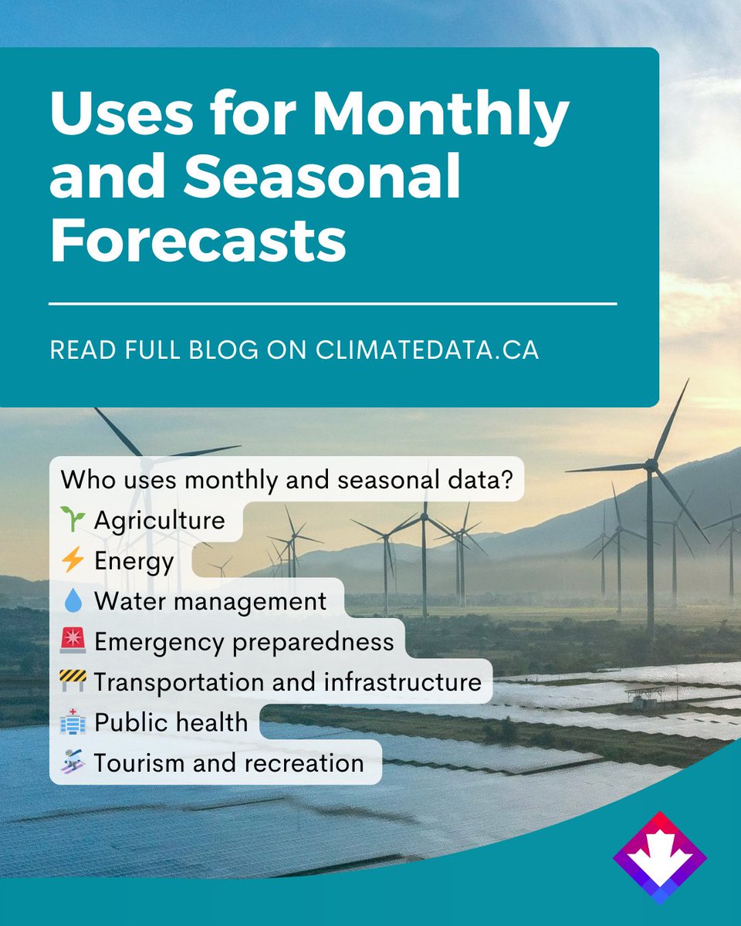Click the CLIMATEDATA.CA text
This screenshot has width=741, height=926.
tap(427, 349)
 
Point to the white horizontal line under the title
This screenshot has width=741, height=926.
tap(332, 304)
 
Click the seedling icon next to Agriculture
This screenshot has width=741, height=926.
tap(75, 520)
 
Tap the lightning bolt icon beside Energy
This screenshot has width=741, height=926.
tap(75, 560)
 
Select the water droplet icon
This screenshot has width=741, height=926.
tap(75, 601)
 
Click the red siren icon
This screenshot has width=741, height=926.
tap(75, 641)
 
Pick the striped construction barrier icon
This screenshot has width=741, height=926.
tap(75, 681)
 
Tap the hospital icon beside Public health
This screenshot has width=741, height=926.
tap(75, 722)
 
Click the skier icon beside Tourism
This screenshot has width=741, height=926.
tap(75, 762)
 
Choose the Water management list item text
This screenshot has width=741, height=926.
tap(210, 601)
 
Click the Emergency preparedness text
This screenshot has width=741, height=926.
tap(243, 641)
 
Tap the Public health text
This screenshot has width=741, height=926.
tap(171, 722)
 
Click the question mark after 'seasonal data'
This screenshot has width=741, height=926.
tap(506, 480)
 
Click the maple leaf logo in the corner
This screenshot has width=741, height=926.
tap(659, 857)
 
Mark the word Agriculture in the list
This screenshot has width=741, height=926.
tap(159, 520)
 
